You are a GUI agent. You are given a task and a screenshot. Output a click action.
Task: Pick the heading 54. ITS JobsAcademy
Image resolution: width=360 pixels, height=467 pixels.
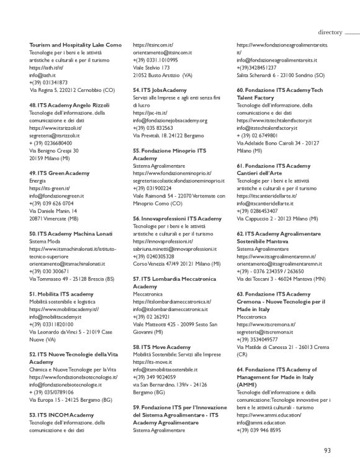(x=160, y=89)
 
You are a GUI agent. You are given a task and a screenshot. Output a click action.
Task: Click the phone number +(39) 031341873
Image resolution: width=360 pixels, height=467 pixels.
(x=48, y=82)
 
